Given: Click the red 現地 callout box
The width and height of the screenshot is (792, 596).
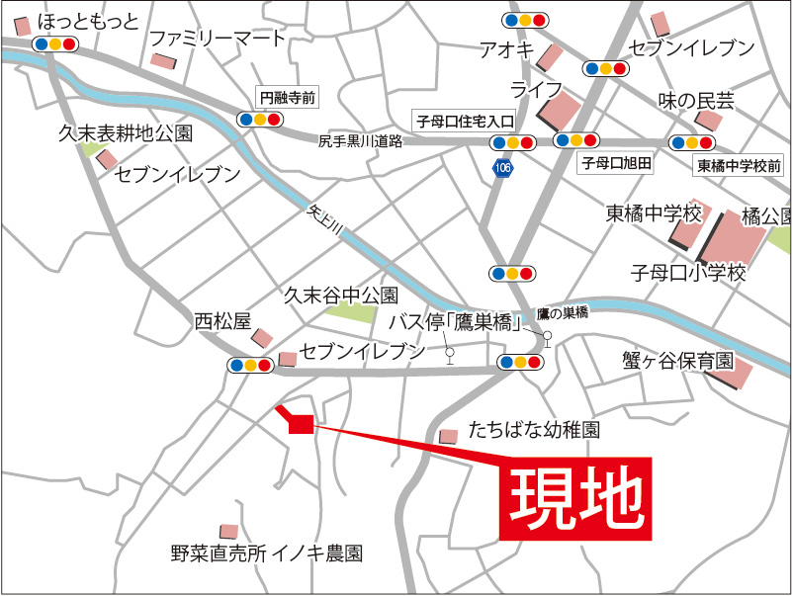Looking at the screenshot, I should pyautogui.click(x=575, y=499).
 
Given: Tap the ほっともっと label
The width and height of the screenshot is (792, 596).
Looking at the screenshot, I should pyautogui.click(x=87, y=21).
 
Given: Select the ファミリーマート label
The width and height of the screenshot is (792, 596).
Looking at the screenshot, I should pyautogui.click(x=217, y=39).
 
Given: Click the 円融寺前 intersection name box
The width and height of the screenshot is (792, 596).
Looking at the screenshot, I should pyautogui.click(x=288, y=97).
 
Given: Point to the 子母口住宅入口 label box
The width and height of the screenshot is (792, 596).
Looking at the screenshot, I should pyautogui.click(x=465, y=121).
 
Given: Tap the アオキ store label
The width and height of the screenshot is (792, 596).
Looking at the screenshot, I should pyautogui.click(x=506, y=48).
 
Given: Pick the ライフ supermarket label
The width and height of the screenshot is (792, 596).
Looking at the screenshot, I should pyautogui.click(x=535, y=90).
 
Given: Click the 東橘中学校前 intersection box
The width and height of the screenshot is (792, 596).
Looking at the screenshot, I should pyautogui.click(x=739, y=165).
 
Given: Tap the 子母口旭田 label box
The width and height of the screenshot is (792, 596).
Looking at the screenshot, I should pyautogui.click(x=615, y=164).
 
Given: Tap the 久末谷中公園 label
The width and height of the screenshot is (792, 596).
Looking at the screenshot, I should pyautogui.click(x=340, y=295).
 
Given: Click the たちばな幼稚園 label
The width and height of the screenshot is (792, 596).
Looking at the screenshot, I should pyautogui.click(x=535, y=430).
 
